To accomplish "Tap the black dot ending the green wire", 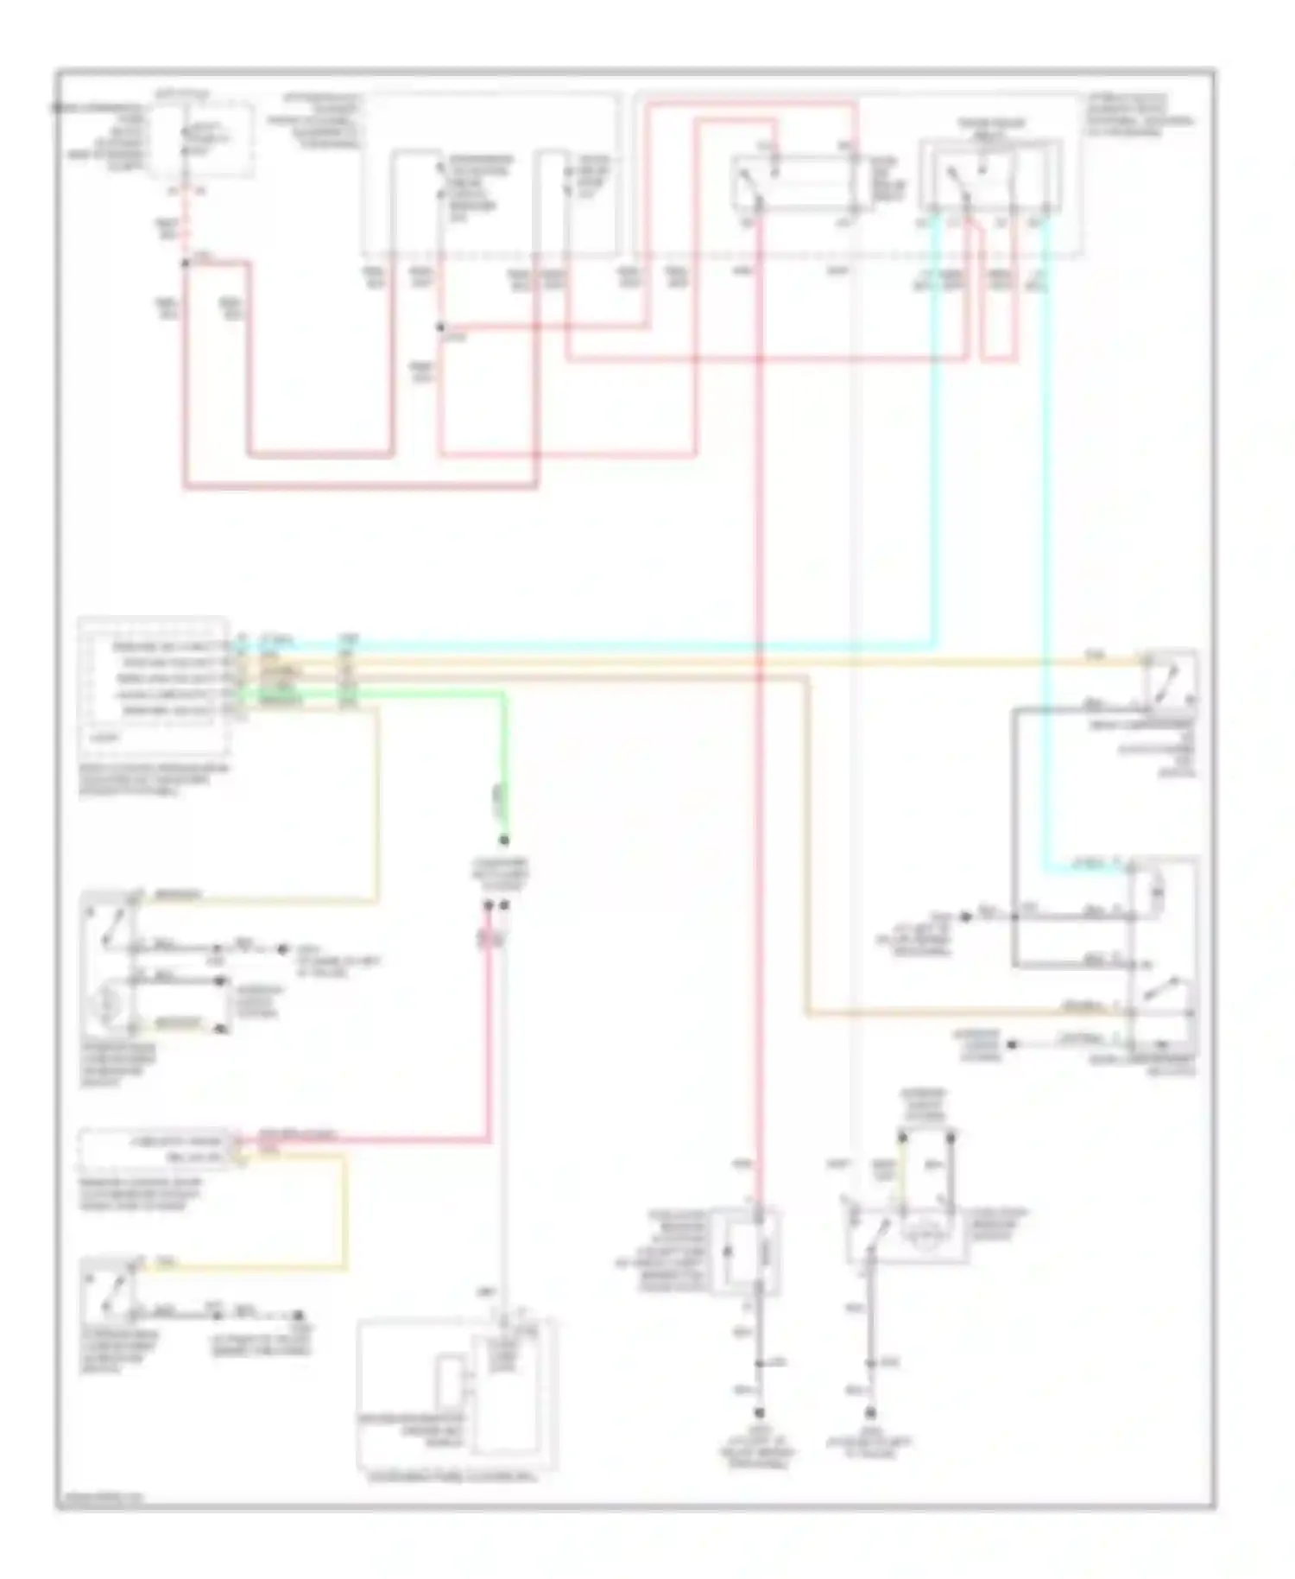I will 505,840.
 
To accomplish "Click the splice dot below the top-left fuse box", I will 185,262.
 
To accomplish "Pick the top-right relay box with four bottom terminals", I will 990,177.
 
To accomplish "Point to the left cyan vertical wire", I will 934,432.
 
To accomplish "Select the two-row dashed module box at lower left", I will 155,1149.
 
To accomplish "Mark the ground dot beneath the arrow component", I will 760,1414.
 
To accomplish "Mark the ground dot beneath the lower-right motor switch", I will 871,1414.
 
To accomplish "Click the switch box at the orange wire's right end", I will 1170,680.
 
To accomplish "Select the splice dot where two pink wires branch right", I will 440,327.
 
